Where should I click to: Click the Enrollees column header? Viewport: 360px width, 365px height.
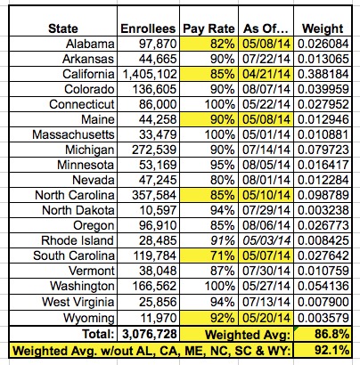click(148, 28)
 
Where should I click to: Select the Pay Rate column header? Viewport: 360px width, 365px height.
click(209, 28)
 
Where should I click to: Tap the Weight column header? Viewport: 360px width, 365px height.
click(323, 28)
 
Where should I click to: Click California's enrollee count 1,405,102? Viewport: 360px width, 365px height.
click(150, 74)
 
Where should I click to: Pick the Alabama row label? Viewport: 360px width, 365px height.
click(90, 44)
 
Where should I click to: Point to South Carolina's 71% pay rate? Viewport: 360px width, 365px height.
click(222, 255)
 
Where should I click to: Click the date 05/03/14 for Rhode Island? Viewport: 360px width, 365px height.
click(266, 240)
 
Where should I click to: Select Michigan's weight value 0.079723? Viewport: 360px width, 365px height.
click(323, 150)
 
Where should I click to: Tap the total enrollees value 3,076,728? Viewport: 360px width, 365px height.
click(150, 334)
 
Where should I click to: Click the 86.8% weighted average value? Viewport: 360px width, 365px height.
click(331, 334)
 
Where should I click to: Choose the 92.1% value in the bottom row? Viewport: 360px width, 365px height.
click(331, 351)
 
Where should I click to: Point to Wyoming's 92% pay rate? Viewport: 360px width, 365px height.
click(222, 318)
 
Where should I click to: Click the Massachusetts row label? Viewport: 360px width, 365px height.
click(73, 134)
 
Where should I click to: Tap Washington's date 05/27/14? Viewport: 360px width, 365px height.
click(266, 286)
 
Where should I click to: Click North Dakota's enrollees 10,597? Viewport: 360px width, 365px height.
click(158, 210)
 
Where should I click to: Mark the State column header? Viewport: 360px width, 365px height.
click(63, 28)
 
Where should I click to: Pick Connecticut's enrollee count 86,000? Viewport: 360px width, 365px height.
click(158, 104)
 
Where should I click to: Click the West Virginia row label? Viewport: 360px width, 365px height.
click(78, 302)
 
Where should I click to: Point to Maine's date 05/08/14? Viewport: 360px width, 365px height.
click(266, 119)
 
